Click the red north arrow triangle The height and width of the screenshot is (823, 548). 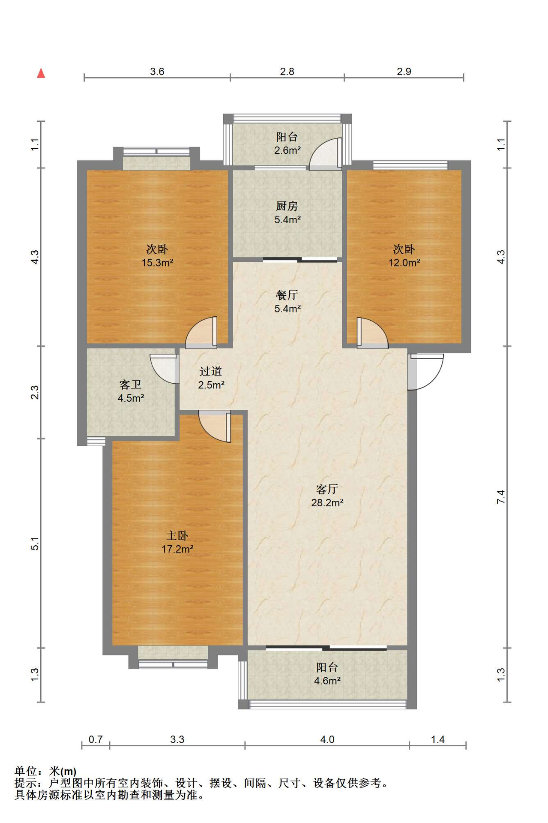point(41,73)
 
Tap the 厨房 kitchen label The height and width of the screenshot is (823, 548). point(287,206)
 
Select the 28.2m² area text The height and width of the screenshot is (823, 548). point(327,503)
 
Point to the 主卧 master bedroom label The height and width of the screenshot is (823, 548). point(177,535)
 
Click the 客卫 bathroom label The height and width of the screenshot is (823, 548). point(130,384)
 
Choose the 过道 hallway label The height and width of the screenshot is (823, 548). point(211,371)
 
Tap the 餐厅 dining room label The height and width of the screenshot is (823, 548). point(287,295)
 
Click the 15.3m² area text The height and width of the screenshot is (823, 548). point(157,263)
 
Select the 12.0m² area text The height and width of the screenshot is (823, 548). point(404,263)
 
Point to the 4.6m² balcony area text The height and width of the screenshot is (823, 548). point(327,681)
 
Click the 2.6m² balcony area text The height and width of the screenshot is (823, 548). point(287,150)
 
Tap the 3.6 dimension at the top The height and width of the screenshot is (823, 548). point(157,72)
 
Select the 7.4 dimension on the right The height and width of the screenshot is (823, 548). point(501,497)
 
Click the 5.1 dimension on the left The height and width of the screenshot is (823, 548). point(35,544)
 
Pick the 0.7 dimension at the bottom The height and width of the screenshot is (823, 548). point(96,739)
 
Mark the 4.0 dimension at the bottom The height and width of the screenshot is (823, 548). point(327,739)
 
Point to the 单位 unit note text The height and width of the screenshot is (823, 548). point(26,771)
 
